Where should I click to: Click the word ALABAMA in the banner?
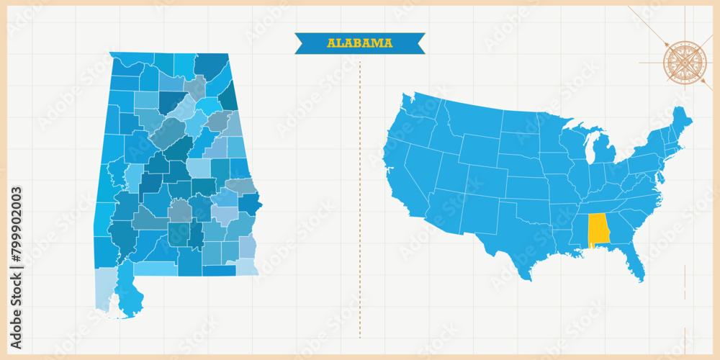click(360, 43)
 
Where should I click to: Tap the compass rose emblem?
click(685, 63)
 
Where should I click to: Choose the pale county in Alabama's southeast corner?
click(247, 266)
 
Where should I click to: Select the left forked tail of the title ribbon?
click(301, 43)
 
